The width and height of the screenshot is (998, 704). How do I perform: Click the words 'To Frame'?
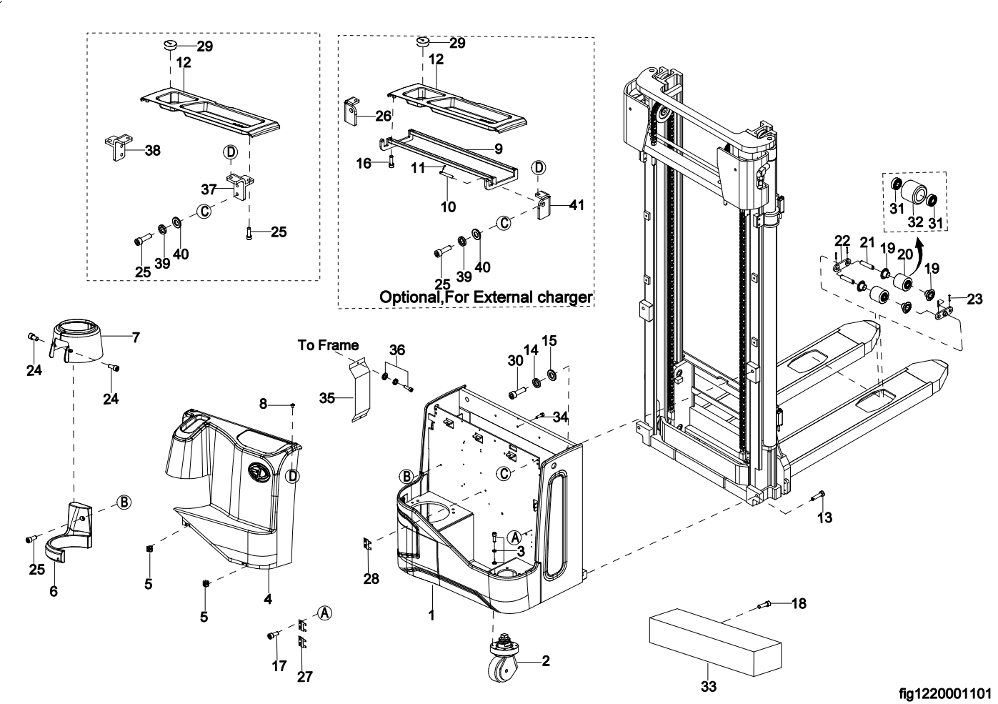[x=328, y=345]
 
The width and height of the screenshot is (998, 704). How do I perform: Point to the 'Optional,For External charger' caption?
[x=486, y=297]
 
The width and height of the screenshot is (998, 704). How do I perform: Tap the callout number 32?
[x=915, y=222]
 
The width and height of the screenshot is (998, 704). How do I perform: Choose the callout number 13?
[x=824, y=517]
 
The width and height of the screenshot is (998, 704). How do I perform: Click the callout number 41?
[x=577, y=205]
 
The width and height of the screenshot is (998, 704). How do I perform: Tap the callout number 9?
[x=498, y=149]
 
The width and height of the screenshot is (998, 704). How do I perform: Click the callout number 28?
[x=371, y=578]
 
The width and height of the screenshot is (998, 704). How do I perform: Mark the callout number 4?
[x=268, y=599]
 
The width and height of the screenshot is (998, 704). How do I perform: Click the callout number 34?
[x=560, y=416]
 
